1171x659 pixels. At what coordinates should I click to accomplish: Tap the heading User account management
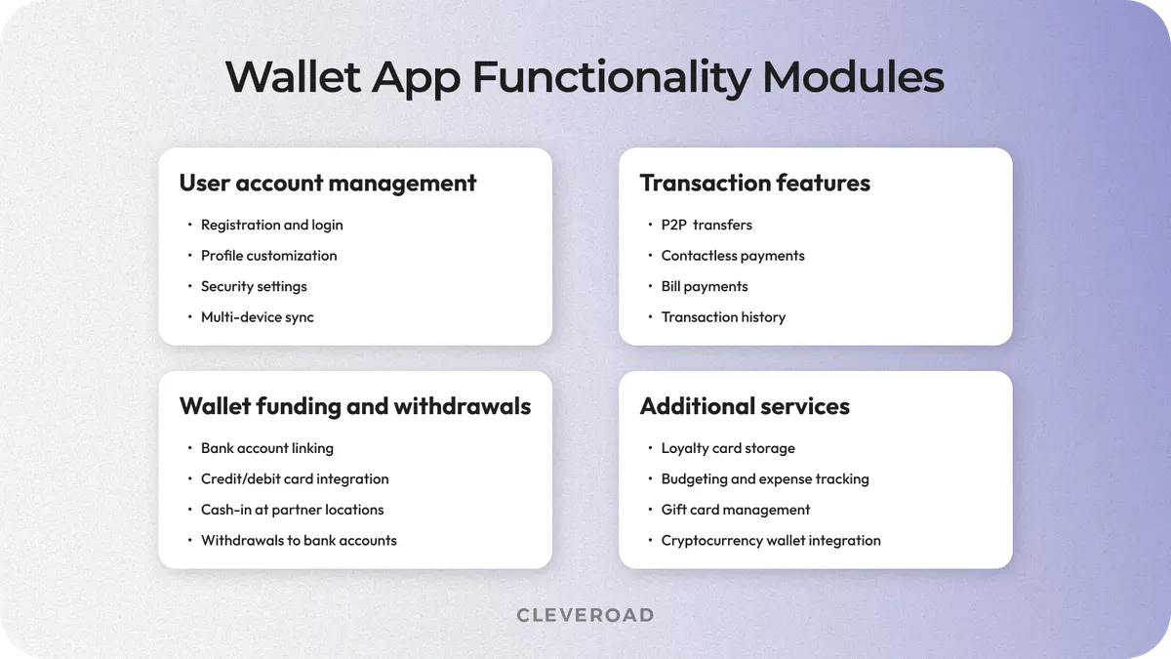(x=328, y=183)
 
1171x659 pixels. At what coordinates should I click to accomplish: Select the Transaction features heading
(x=754, y=183)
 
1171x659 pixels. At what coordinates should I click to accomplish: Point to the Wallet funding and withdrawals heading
(x=355, y=406)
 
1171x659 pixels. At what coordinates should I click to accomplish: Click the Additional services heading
(x=745, y=406)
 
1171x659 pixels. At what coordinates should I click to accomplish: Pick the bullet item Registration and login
(x=271, y=225)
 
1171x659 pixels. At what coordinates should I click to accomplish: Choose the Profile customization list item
(x=268, y=256)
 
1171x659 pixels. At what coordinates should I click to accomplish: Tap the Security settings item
(x=254, y=286)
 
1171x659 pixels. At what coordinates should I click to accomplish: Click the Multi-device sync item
(x=257, y=317)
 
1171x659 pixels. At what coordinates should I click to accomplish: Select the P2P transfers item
(x=707, y=225)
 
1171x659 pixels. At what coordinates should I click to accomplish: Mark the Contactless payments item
(x=733, y=256)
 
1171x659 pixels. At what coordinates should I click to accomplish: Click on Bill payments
(x=705, y=286)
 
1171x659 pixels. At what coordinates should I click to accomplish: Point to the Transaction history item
(x=723, y=317)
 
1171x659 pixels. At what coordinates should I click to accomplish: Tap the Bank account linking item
(x=266, y=448)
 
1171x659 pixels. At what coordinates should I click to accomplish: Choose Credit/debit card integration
(x=295, y=479)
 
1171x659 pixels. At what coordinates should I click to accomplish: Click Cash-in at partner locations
(x=292, y=510)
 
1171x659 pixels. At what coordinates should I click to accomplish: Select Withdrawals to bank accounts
(x=299, y=541)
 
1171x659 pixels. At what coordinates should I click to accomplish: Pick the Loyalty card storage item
(x=728, y=448)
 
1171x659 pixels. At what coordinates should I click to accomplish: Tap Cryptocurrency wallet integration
(x=771, y=541)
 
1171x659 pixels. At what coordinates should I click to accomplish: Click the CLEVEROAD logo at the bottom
(x=585, y=615)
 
